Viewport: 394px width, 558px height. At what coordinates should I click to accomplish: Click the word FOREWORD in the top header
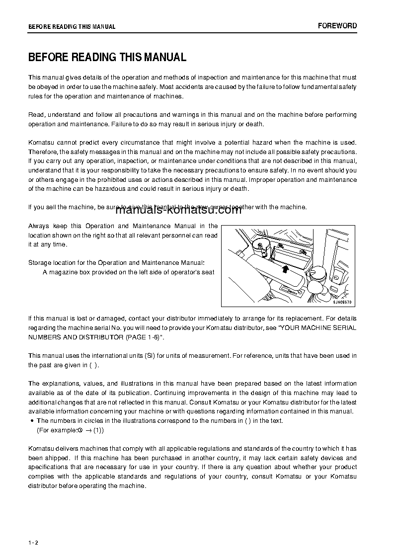click(337, 26)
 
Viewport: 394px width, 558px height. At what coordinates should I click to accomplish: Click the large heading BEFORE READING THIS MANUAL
click(107, 57)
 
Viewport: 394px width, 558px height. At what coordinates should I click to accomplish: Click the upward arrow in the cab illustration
click(284, 268)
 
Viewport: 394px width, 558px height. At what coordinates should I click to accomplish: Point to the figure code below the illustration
click(342, 302)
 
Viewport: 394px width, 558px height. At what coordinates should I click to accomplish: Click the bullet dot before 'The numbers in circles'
click(32, 421)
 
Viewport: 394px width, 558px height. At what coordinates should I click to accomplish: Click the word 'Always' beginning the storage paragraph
click(39, 226)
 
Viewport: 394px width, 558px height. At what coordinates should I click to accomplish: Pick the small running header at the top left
click(72, 27)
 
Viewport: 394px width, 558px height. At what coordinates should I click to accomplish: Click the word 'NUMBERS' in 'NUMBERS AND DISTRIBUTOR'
click(44, 337)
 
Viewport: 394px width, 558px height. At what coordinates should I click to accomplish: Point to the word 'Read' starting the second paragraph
click(36, 115)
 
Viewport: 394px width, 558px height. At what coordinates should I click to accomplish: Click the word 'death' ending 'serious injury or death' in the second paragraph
click(255, 124)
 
